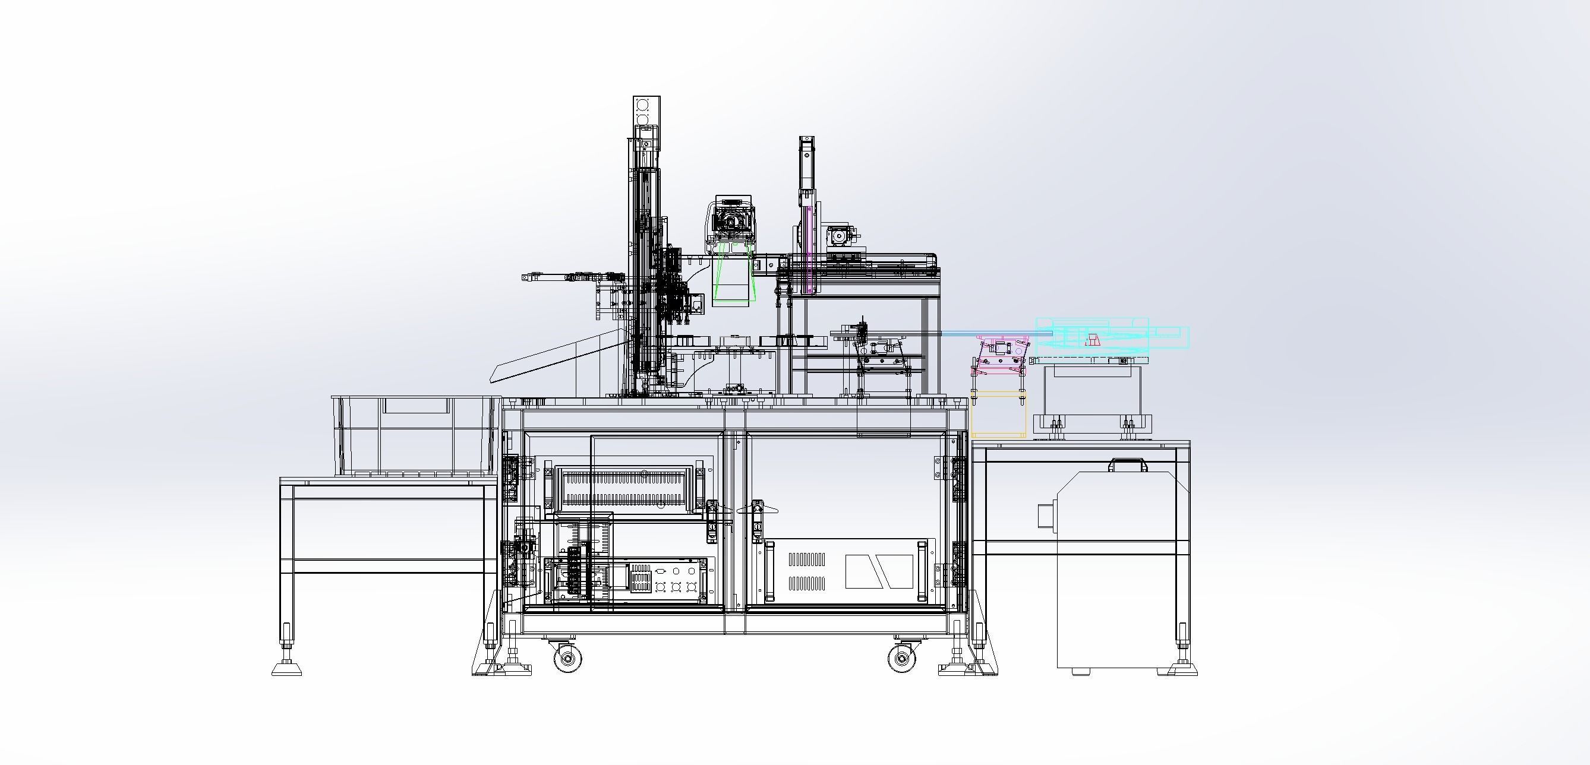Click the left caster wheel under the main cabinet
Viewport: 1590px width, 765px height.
tap(567, 657)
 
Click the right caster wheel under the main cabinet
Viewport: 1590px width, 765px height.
tap(902, 657)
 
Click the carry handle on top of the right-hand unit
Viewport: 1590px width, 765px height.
tap(1128, 463)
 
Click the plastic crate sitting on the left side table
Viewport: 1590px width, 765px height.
tap(415, 435)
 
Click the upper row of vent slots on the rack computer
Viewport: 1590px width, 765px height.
tap(807, 559)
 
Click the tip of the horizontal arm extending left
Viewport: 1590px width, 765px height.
tap(525, 277)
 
